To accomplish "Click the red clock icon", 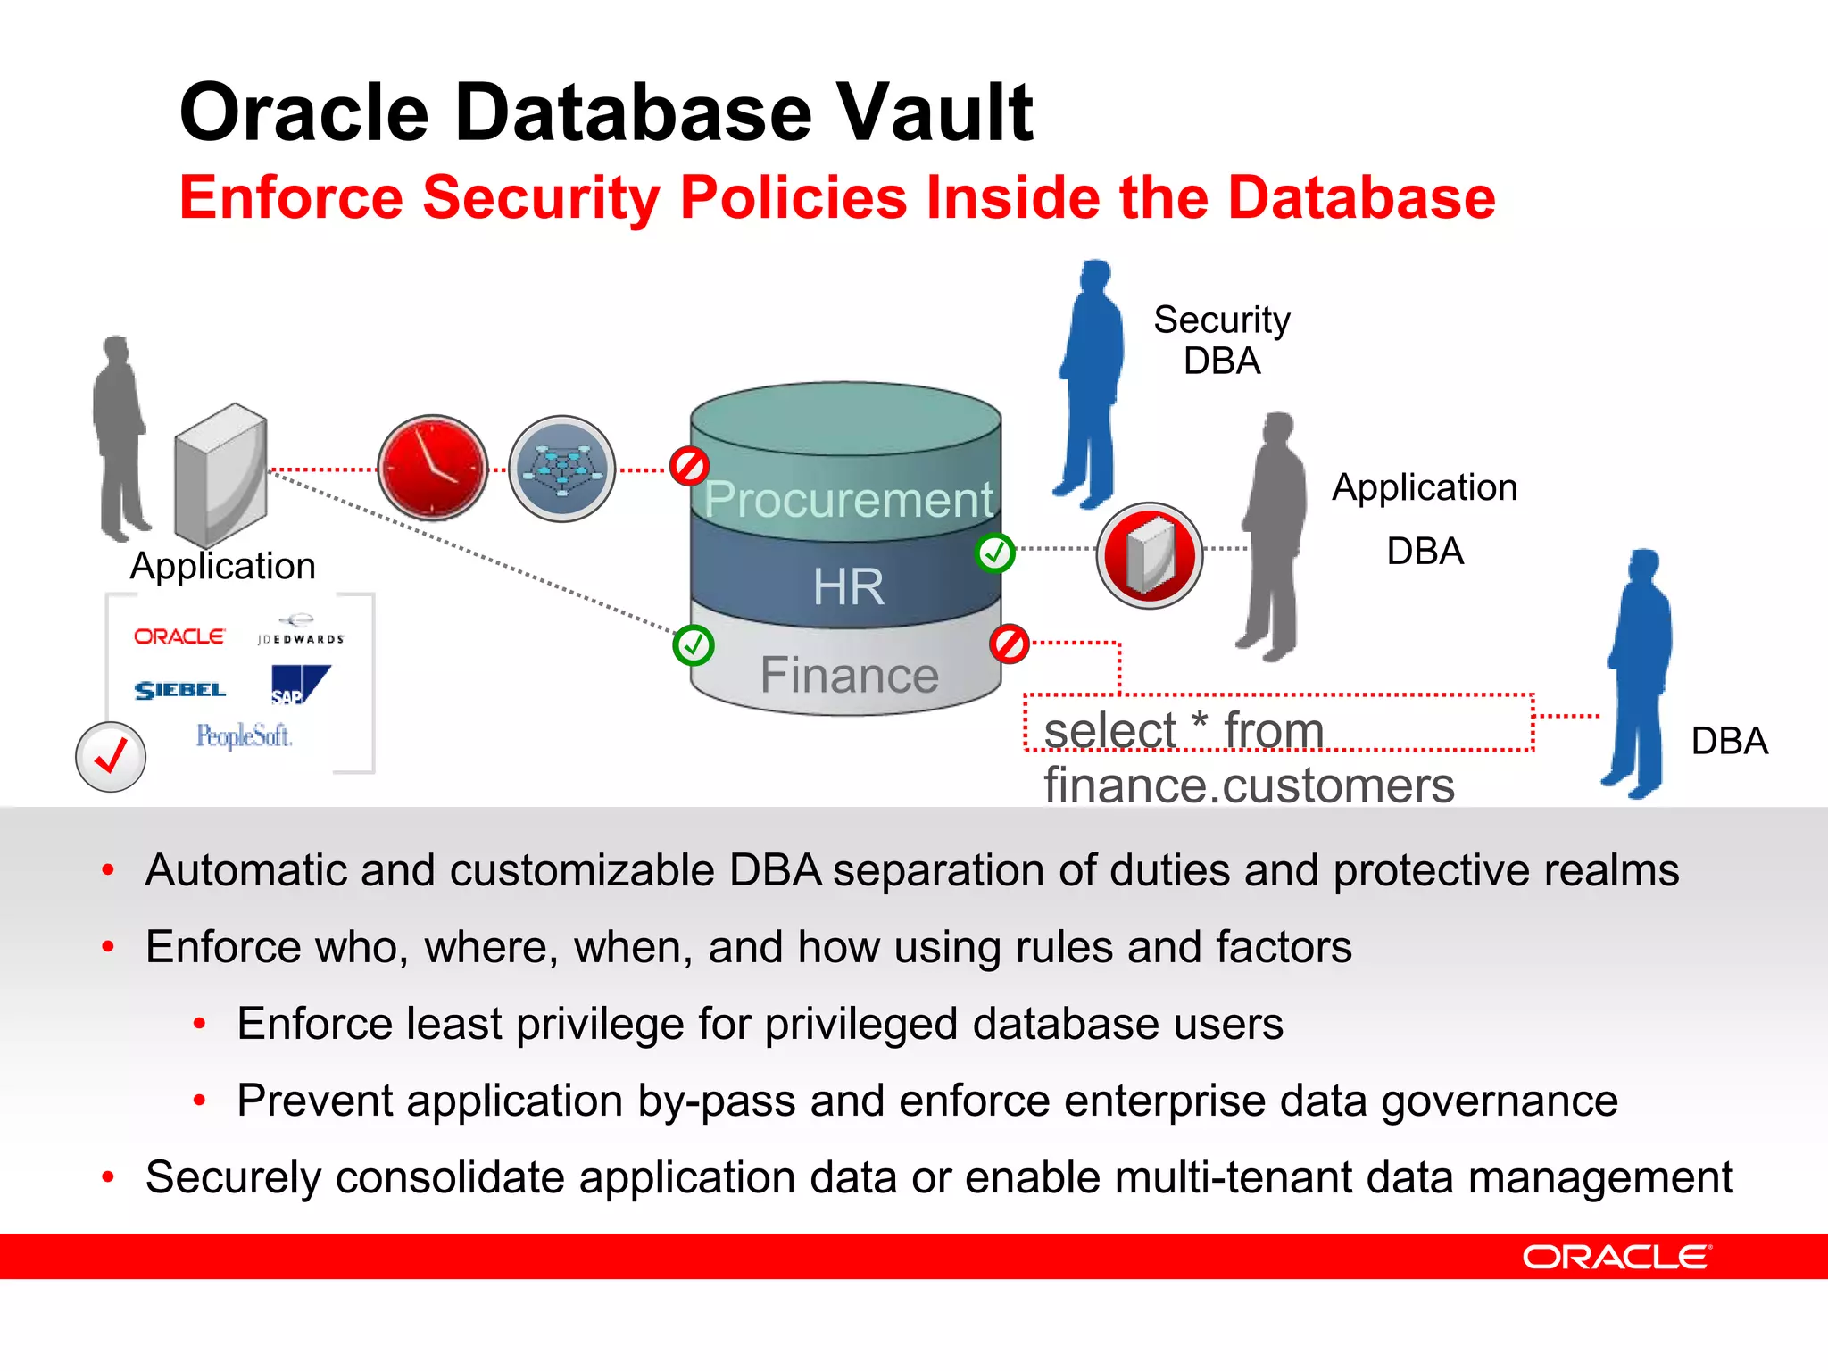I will click(433, 468).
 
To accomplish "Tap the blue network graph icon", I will click(561, 468).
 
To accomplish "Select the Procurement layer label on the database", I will click(848, 499).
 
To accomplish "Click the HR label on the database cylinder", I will click(848, 586).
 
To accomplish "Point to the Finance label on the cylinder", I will click(849, 675).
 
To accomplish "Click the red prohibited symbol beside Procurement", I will click(689, 466).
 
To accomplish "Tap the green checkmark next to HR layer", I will click(994, 553).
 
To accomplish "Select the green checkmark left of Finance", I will click(694, 645).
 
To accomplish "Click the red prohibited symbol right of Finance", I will click(1010, 644).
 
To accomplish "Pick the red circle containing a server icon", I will click(1150, 555).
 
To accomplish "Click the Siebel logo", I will click(179, 690).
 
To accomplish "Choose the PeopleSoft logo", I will click(244, 736).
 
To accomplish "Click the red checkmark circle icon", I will click(111, 757).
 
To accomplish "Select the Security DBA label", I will click(1221, 340).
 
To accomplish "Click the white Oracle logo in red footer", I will click(1616, 1257).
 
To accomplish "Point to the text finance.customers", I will click(1249, 785).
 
